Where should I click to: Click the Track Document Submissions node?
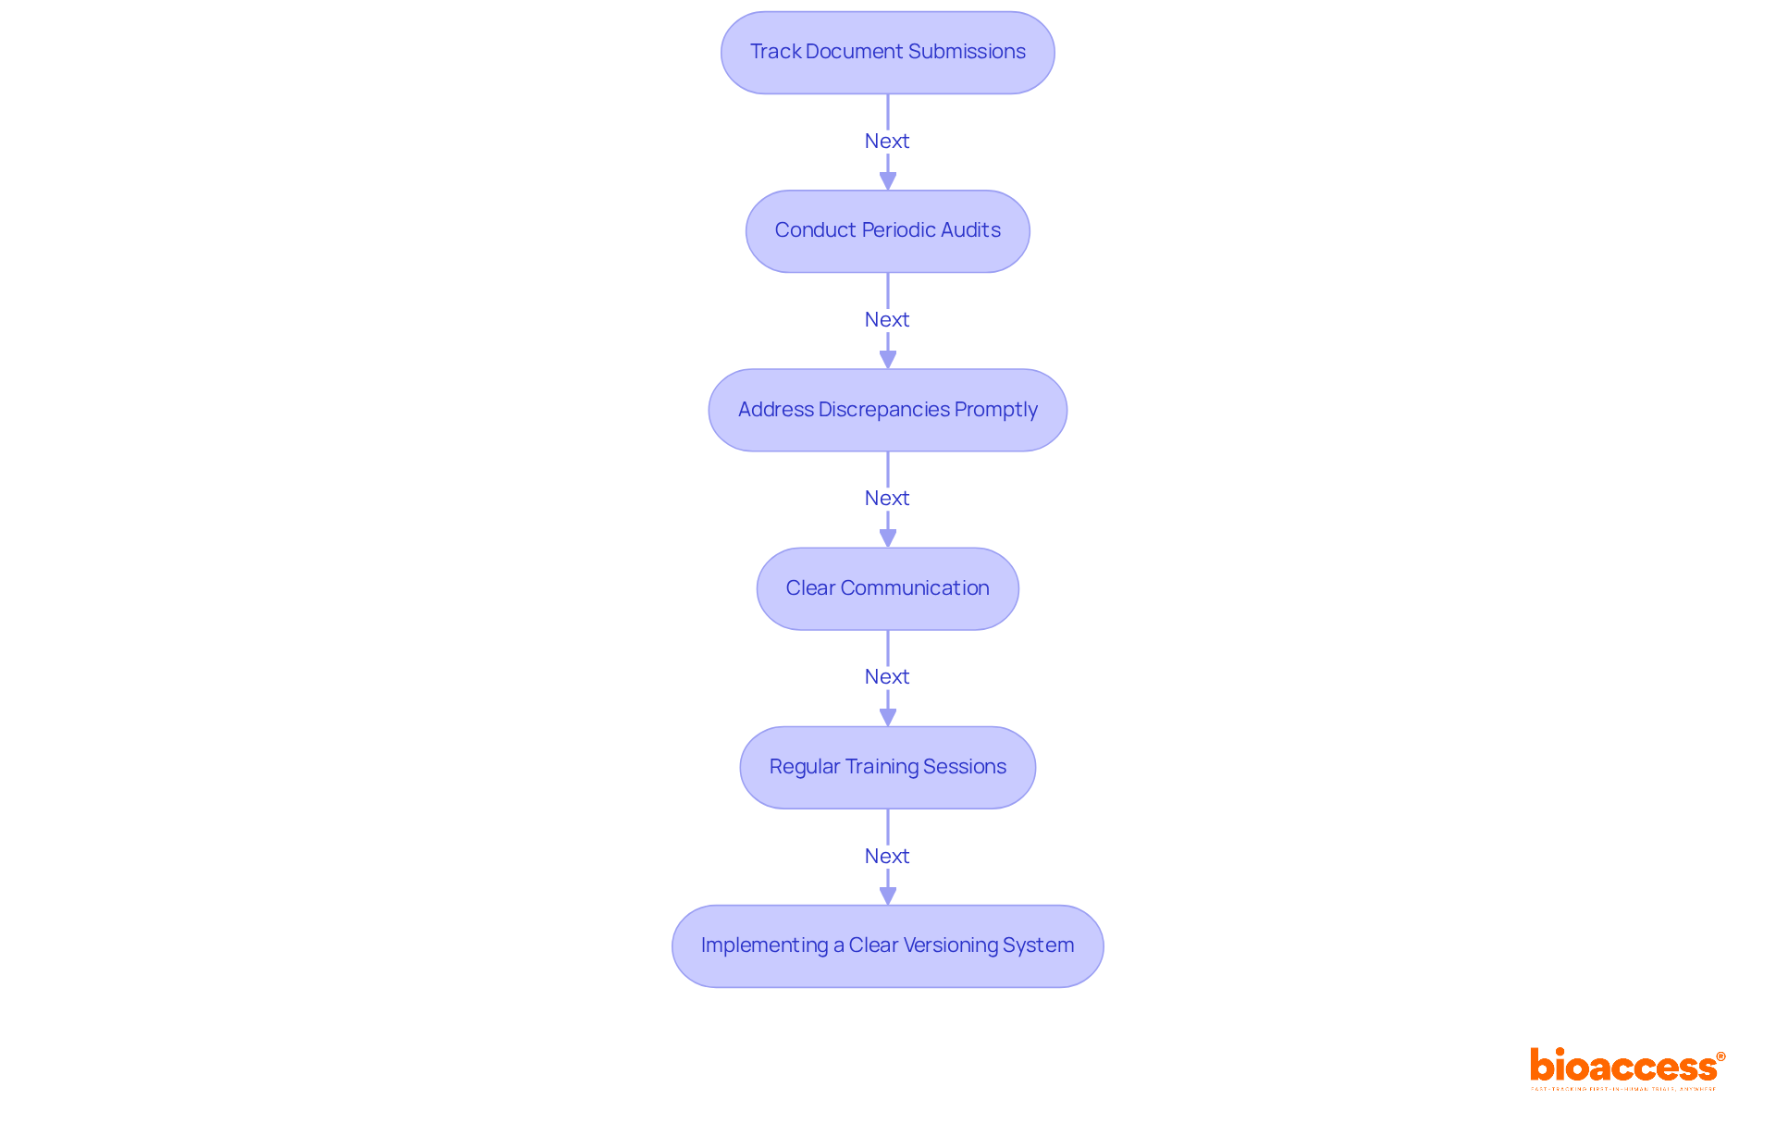[887, 53]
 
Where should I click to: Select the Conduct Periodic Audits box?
[887, 231]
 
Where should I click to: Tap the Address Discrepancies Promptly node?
[887, 410]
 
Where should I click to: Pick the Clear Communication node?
[887, 588]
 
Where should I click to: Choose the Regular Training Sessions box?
[887, 767]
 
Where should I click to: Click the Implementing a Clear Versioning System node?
[887, 945]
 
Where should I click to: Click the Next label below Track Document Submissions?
[887, 141]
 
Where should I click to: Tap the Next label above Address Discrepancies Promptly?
[887, 319]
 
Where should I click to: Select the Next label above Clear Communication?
[887, 498]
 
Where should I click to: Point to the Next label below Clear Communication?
[887, 676]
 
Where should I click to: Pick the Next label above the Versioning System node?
[887, 856]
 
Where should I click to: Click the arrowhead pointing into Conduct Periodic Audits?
[887, 181]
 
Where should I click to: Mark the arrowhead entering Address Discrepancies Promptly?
[887, 360]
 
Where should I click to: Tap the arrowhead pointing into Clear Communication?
[887, 538]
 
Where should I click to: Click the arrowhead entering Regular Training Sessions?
[887, 717]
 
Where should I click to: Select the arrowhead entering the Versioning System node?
[887, 895]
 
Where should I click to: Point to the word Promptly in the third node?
[995, 410]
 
